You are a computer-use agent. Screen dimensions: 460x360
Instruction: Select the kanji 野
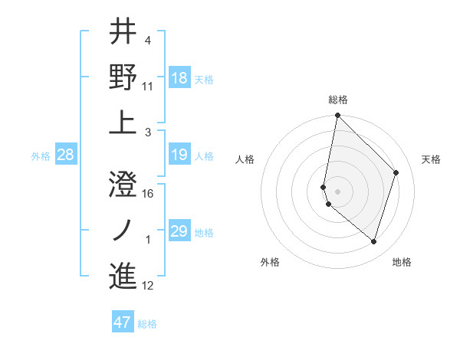coord(123,77)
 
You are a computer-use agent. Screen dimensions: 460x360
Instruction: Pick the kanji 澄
coord(123,185)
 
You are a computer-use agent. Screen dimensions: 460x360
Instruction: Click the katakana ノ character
coord(123,230)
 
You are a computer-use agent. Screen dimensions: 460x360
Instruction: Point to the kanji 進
coord(123,276)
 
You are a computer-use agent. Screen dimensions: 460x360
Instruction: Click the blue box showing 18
coord(179,78)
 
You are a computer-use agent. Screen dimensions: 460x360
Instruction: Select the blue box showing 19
coord(179,155)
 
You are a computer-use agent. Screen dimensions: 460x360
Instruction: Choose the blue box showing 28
coord(65,155)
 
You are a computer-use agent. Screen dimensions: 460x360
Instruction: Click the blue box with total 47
coord(123,322)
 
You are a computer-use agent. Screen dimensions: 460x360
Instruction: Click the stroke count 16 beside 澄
coord(149,194)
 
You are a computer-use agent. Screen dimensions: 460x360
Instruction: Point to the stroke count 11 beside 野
coord(148,86)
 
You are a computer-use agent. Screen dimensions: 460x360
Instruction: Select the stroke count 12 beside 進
coord(148,286)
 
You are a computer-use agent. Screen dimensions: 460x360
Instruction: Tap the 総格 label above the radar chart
coord(338,100)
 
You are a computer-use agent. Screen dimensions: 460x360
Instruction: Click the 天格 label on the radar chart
coord(432,159)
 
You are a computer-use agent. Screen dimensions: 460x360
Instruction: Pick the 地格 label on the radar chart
coord(402,262)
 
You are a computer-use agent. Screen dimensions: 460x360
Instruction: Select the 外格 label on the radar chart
coord(270,262)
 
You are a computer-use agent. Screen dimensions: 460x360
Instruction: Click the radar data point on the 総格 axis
coord(337,116)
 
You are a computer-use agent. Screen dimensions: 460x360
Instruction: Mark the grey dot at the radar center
coord(338,191)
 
